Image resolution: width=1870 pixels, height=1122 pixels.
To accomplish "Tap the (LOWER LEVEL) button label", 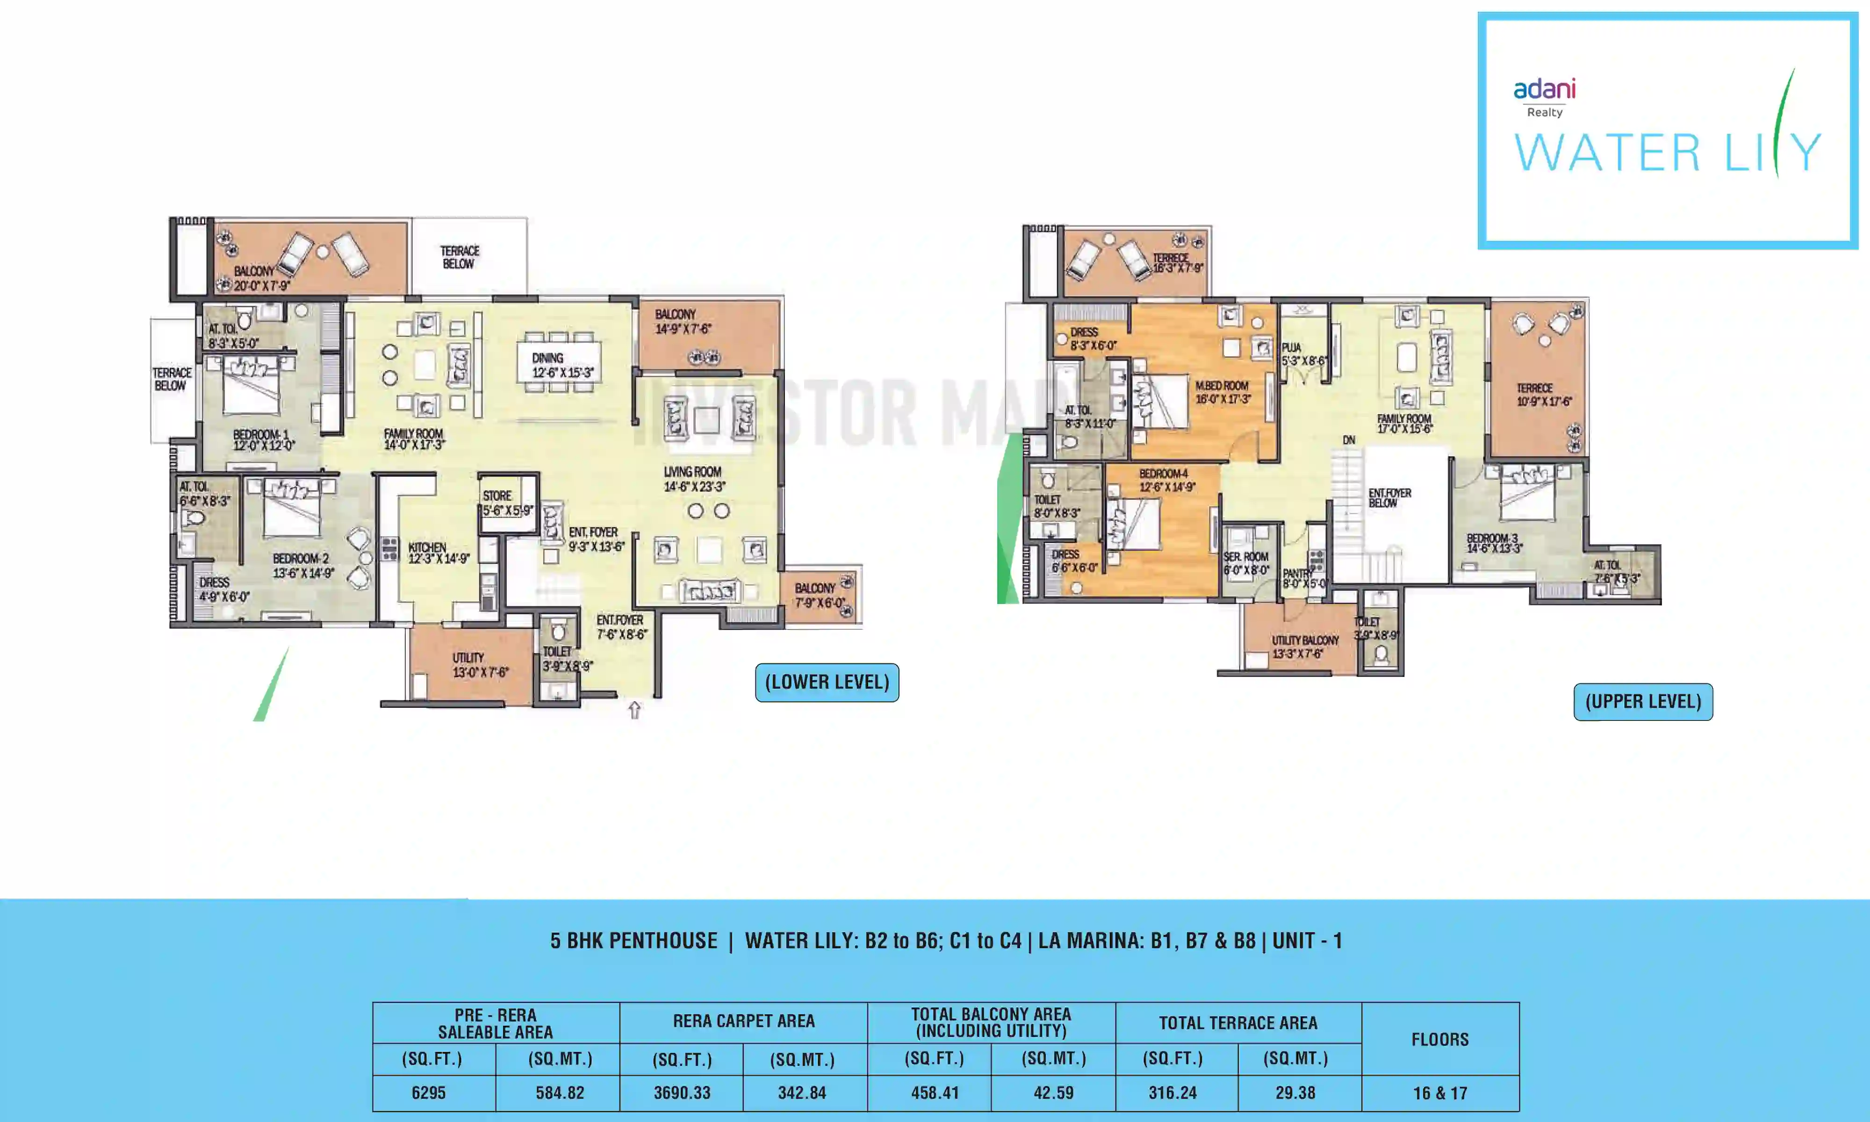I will (827, 682).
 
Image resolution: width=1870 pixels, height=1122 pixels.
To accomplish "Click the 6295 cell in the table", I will (429, 1093).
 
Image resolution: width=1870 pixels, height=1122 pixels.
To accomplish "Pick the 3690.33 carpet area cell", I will (682, 1093).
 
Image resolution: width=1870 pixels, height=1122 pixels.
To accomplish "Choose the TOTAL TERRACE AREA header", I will (1238, 1023).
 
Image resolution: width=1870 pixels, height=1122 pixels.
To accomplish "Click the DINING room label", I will (548, 358).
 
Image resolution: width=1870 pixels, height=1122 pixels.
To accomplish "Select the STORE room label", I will (497, 496).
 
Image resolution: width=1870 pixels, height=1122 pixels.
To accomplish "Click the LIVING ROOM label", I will (692, 471).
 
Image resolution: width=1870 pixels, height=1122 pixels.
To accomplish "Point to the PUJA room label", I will (1291, 348).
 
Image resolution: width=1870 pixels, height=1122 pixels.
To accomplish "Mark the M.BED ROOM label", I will (1222, 386).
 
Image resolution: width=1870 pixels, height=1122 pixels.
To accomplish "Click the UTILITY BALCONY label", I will (1305, 640).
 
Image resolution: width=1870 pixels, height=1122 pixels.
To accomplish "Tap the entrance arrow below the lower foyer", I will (634, 710).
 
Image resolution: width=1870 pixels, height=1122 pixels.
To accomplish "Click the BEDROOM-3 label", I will (1492, 538).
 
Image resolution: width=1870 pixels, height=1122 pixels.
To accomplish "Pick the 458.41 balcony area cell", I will (935, 1093).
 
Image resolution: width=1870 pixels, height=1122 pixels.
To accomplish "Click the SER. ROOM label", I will (1246, 556).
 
